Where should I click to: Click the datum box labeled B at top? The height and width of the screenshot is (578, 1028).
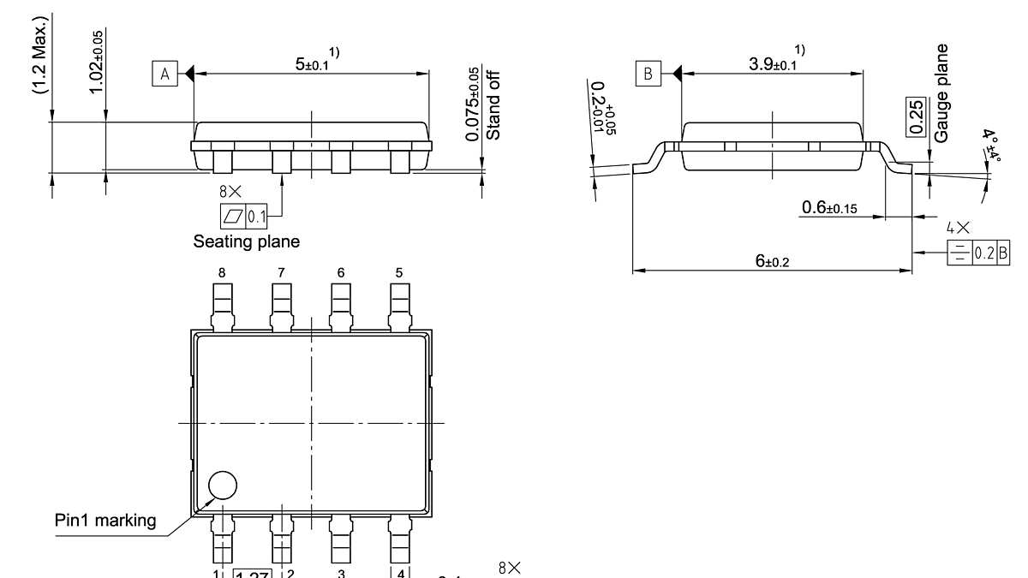(648, 74)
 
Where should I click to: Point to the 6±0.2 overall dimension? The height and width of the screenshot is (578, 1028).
(773, 262)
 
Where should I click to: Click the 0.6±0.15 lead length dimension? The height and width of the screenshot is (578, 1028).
(829, 208)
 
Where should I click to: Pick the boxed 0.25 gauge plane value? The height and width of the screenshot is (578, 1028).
(916, 116)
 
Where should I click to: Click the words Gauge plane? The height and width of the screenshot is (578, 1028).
(942, 93)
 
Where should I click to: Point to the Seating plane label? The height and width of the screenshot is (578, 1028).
(247, 241)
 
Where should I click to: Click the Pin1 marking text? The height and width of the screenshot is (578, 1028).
(105, 520)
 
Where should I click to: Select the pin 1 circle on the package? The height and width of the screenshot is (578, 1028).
(223, 486)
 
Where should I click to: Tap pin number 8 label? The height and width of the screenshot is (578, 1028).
(222, 272)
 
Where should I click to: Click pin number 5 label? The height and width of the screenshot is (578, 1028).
(398, 272)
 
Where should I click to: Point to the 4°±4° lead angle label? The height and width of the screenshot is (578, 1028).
(992, 146)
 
